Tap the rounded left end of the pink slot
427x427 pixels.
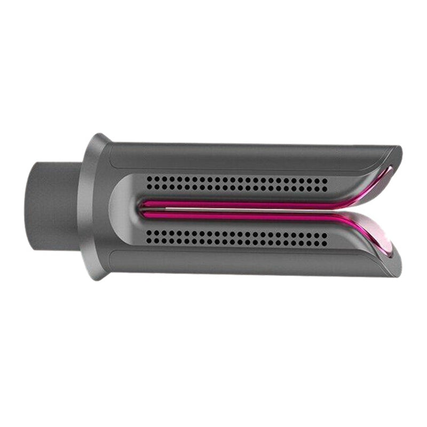(x=143, y=210)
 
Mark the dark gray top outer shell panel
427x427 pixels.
(x=240, y=156)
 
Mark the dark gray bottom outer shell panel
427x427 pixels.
(x=240, y=263)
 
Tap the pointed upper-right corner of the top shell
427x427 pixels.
(x=400, y=149)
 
